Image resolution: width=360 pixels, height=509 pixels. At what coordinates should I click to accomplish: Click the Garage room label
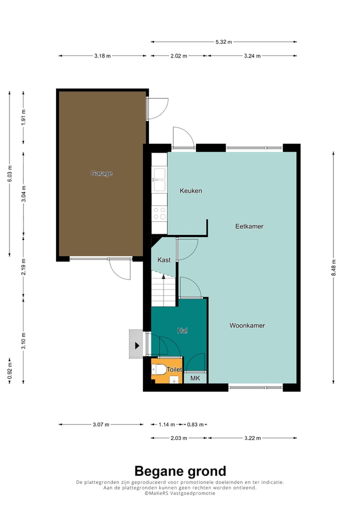(101, 173)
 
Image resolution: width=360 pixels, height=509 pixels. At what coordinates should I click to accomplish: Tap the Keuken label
(191, 190)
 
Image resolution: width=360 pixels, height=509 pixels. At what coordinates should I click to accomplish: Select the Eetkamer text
(249, 226)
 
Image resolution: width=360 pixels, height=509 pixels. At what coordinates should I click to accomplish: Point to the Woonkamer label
(247, 325)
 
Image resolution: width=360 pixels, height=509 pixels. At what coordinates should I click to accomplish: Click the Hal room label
(182, 330)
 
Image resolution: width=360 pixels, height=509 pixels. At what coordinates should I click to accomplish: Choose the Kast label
(163, 260)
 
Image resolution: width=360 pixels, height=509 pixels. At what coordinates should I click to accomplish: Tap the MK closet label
(195, 378)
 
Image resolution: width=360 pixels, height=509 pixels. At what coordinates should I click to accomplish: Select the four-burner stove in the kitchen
(159, 213)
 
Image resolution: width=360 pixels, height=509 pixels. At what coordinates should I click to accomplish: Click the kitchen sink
(159, 179)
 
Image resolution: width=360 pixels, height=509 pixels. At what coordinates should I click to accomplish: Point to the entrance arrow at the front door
(136, 345)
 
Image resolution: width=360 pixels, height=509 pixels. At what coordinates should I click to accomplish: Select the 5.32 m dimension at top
(223, 42)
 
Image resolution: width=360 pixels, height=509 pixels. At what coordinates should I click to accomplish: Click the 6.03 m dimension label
(9, 173)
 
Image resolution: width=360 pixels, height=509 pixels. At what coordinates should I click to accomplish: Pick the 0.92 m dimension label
(9, 371)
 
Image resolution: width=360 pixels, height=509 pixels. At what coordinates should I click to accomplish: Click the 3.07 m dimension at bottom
(100, 424)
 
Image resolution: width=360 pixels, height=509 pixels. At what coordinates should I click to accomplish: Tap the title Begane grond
(180, 471)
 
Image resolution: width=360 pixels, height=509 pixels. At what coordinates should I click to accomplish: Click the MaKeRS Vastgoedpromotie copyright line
(180, 493)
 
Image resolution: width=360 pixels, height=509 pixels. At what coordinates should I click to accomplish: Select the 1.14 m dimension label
(166, 424)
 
